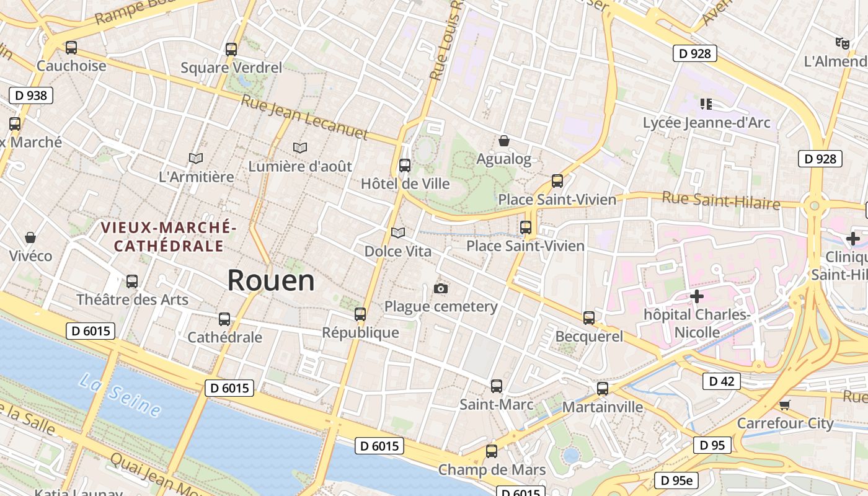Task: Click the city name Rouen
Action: pos(271,281)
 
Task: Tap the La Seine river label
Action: pos(120,394)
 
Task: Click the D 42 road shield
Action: pos(721,381)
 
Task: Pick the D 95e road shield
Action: pos(676,480)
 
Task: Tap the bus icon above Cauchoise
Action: pos(71,48)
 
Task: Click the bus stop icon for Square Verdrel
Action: pos(231,50)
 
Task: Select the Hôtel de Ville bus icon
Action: pos(405,166)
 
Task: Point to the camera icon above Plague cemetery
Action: pos(441,288)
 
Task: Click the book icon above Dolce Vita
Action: pos(398,232)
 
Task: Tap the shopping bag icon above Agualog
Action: pos(504,141)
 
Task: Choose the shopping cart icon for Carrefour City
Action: pos(784,405)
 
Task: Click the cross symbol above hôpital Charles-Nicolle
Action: pos(697,296)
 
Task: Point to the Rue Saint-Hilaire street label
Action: pos(720,201)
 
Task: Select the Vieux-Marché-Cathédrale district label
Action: pos(169,236)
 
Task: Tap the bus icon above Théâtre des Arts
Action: pos(132,281)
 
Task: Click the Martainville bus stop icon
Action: pos(602,389)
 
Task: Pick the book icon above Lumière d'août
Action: pos(300,148)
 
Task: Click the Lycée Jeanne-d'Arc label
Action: pos(706,122)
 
